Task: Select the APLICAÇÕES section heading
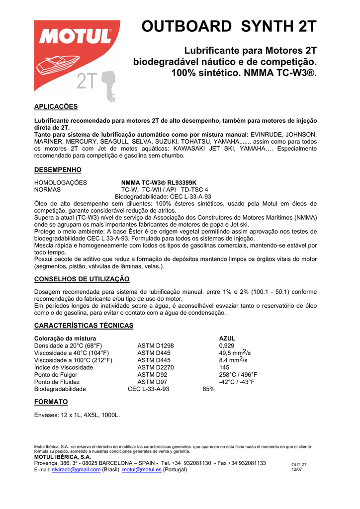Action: [56, 106]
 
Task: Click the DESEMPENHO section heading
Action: [58, 170]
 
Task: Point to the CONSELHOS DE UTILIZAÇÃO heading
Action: [82, 279]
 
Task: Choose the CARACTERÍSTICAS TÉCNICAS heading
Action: [84, 326]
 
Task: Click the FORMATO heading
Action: [51, 402]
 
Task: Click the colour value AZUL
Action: [227, 338]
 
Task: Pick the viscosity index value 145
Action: [224, 367]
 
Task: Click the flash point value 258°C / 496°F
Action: [238, 374]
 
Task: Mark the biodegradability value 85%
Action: [208, 389]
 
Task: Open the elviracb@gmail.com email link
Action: [76, 470]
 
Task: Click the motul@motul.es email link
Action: [142, 470]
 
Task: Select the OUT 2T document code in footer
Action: [299, 465]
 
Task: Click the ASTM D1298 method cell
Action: [156, 345]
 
